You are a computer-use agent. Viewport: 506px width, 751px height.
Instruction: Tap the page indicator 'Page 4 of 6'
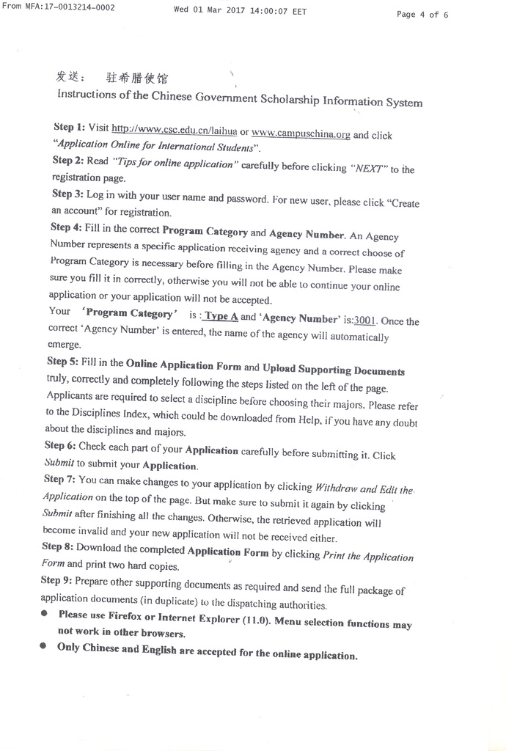(422, 14)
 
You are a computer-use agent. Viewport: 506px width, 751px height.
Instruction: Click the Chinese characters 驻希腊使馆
(142, 78)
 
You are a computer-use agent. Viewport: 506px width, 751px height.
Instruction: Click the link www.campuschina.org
(301, 133)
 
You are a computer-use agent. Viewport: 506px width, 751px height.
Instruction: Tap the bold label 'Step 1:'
(69, 126)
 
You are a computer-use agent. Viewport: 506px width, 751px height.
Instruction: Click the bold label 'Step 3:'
(67, 194)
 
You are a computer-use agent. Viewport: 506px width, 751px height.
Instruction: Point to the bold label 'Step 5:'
(65, 361)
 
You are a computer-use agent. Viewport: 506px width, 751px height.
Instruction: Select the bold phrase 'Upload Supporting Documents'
(333, 370)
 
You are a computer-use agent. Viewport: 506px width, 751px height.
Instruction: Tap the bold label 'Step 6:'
(61, 445)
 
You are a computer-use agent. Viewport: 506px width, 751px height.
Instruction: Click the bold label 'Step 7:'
(59, 479)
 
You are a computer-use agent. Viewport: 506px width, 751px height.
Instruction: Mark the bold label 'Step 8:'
(58, 546)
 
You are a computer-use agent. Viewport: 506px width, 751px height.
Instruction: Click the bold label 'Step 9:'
(56, 580)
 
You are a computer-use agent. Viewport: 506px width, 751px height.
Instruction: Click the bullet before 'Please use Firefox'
(44, 613)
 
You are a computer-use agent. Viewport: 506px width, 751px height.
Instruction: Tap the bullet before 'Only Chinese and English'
(43, 646)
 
